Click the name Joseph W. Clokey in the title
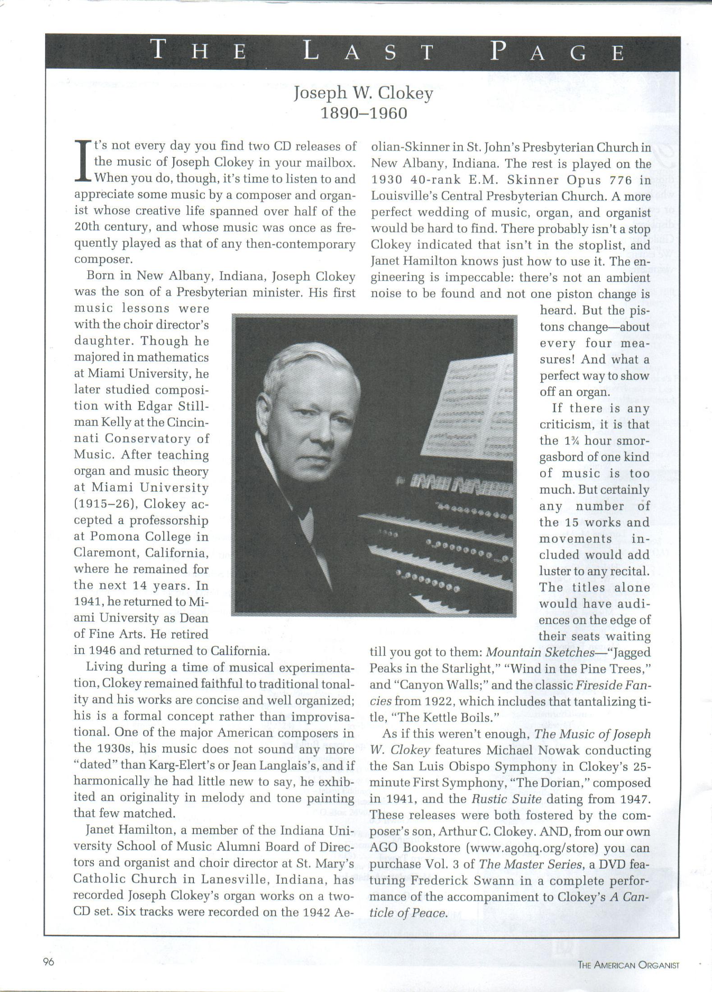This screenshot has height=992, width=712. (363, 93)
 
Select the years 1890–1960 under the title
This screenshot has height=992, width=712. (363, 113)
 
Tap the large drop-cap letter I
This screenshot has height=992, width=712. (83, 161)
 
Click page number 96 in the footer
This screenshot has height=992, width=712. (48, 961)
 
